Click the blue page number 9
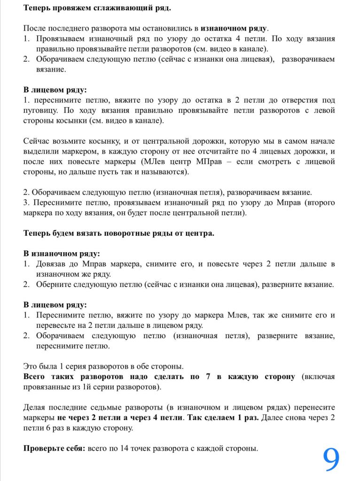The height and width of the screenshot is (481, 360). tap(331, 458)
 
